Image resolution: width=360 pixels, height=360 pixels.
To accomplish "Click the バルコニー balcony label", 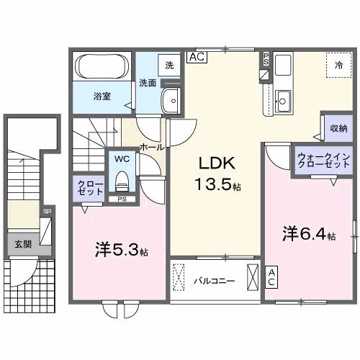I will pos(214,281).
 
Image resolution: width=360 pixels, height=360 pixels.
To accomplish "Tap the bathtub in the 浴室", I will pos(102,71).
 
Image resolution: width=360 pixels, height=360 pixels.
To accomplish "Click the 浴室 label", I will pos(101,95).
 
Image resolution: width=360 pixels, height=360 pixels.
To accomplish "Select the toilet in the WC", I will pos(121,178).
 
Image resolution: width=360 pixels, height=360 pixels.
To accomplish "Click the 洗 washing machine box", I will pos(169,65).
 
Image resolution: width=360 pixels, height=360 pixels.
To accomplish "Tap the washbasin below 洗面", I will pos(171,102).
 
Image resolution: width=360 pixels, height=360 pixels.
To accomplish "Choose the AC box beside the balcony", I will pos(272,277).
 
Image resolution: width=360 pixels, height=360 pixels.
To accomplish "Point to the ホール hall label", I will pos(151,146).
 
